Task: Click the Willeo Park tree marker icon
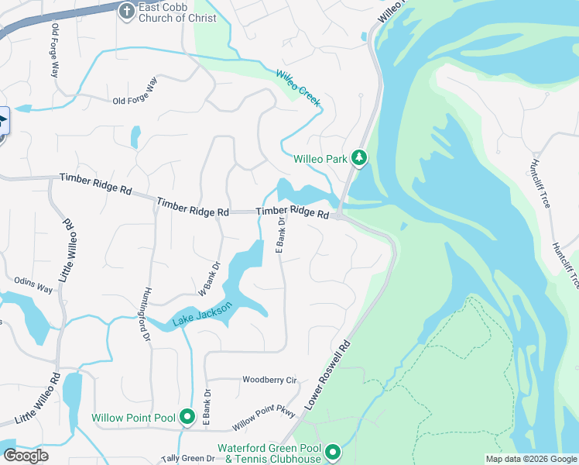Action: point(359,159)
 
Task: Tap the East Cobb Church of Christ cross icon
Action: point(127,11)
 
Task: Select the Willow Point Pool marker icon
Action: point(187,418)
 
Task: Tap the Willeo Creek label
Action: point(298,88)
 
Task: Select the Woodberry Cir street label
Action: point(270,381)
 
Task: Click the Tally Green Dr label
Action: point(188,459)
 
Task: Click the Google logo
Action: point(26,456)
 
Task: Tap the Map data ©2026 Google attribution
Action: point(531,459)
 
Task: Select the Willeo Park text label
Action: point(321,159)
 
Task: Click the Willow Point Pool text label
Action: point(133,418)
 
